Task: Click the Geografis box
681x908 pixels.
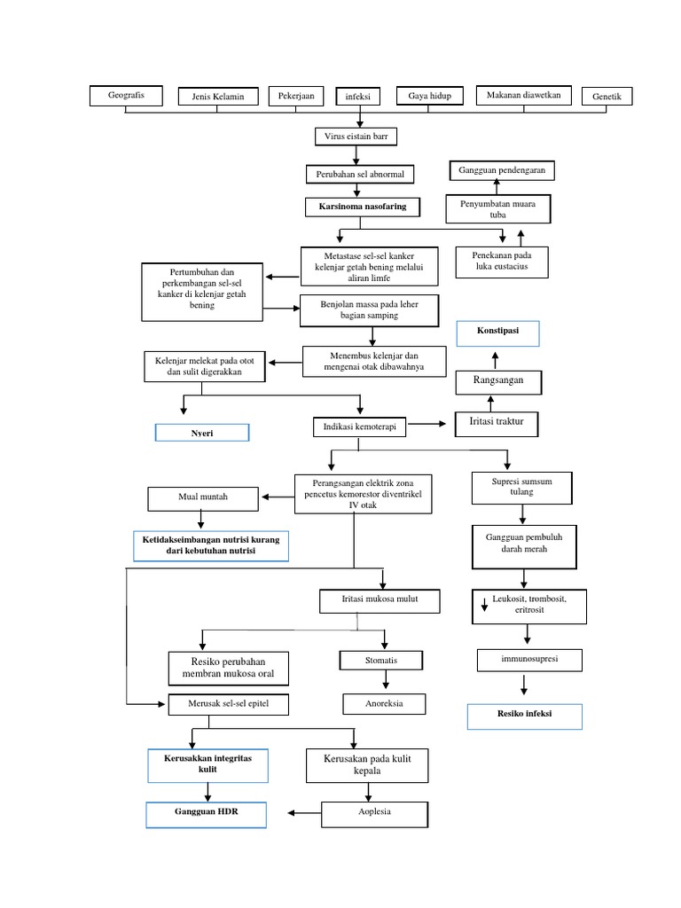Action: pos(127,94)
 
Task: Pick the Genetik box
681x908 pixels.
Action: pos(607,96)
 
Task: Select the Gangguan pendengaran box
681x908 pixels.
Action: pos(502,168)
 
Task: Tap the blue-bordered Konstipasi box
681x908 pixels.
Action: pos(497,333)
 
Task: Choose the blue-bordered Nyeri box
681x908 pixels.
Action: pos(202,433)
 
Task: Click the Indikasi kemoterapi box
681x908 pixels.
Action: pos(359,427)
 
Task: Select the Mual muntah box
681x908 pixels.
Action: pos(201,497)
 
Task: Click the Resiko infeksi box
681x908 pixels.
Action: pos(525,716)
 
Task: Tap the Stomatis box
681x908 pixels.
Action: pos(381,661)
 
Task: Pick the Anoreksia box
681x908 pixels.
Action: pos(384,704)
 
